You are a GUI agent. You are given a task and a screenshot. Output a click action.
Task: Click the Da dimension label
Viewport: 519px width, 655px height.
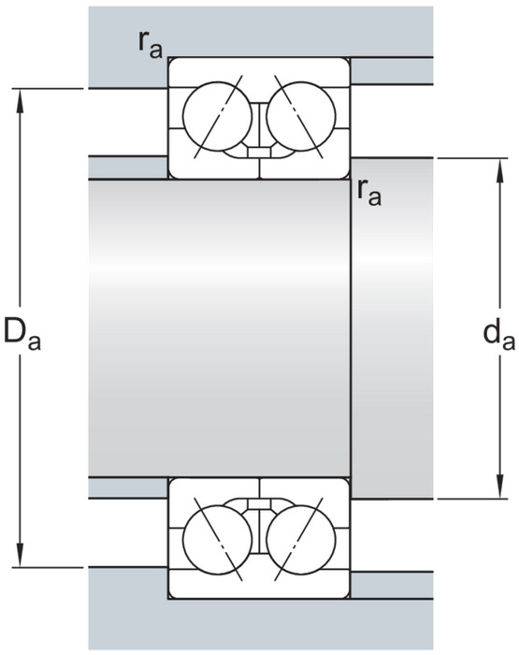[x=22, y=335]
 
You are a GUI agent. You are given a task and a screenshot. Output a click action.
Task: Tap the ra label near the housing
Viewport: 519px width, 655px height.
[x=150, y=46]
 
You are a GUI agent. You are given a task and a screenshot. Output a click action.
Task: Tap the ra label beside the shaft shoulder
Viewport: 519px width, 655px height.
[x=369, y=193]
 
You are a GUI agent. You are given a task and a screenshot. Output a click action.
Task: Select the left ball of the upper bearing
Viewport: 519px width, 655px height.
[x=217, y=116]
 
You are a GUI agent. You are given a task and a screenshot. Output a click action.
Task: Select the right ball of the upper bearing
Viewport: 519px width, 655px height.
[x=300, y=116]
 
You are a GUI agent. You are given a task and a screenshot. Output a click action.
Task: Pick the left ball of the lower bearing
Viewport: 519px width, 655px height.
[x=217, y=540]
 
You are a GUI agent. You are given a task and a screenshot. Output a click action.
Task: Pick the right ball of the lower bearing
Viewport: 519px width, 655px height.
[x=300, y=540]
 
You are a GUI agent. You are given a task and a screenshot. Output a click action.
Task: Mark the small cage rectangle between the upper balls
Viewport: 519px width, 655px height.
[x=259, y=152]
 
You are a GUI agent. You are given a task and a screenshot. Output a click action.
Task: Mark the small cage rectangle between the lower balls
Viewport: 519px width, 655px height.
[x=259, y=503]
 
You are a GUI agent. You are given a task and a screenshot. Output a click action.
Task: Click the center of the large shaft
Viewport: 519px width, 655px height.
[x=219, y=327]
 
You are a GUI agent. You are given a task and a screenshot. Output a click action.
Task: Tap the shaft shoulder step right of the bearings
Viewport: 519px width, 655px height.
[x=392, y=327]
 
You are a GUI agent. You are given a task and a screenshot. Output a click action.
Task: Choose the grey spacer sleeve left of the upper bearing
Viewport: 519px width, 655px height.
[x=128, y=167]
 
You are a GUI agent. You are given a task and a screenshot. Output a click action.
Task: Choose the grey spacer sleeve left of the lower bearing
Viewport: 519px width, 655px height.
[x=128, y=488]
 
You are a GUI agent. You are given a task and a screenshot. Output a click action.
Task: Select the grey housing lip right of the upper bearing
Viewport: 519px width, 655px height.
[x=392, y=70]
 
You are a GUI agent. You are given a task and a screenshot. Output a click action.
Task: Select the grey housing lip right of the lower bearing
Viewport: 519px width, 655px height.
[x=392, y=585]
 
